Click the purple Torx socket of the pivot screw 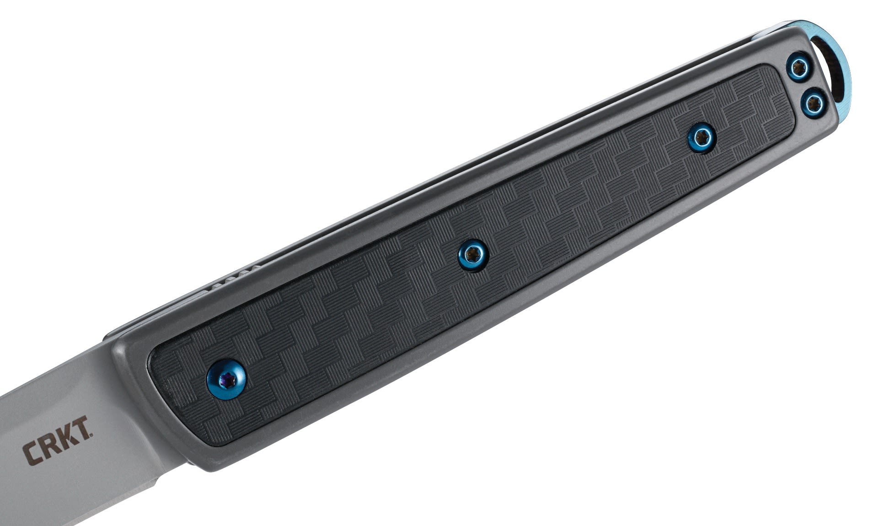click(225, 374)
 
